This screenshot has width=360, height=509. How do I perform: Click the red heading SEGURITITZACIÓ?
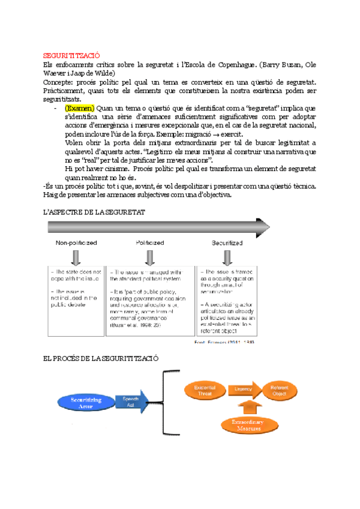click(71, 54)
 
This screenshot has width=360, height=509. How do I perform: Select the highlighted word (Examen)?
click(79, 107)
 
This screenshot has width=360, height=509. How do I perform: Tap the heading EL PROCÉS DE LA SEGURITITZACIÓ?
click(101, 358)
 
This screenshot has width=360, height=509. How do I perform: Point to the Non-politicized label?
click(76, 243)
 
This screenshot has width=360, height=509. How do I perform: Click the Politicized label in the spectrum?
click(149, 243)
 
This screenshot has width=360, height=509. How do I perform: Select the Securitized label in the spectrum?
click(226, 243)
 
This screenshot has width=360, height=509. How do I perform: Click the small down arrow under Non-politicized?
click(76, 257)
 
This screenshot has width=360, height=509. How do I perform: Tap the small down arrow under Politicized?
click(149, 257)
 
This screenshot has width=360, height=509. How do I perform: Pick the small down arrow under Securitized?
click(226, 257)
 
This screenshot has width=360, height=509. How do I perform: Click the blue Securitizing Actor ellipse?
click(86, 402)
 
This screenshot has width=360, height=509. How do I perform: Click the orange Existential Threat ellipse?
click(205, 390)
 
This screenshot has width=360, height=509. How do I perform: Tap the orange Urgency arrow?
click(242, 389)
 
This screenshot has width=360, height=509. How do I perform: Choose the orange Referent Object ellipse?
click(279, 390)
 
